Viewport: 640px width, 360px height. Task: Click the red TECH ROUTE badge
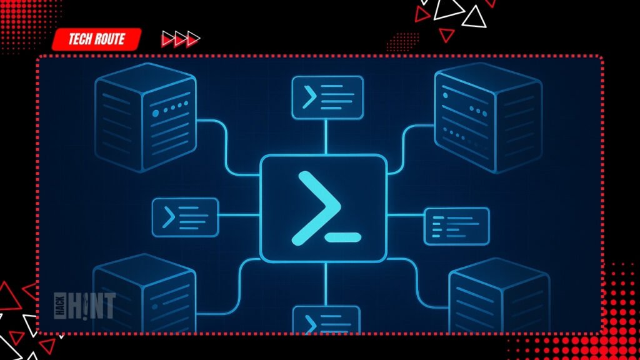pos(96,39)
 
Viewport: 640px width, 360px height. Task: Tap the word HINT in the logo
pos(93,306)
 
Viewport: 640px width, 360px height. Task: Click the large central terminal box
pos(324,207)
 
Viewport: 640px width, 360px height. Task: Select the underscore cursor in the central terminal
pos(343,237)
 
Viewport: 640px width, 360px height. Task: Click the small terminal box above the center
pos(327,97)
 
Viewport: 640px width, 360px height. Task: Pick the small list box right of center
pos(456,226)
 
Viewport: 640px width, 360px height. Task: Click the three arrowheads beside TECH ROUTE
pos(180,39)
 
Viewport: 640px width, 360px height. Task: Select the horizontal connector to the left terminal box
pos(239,216)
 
